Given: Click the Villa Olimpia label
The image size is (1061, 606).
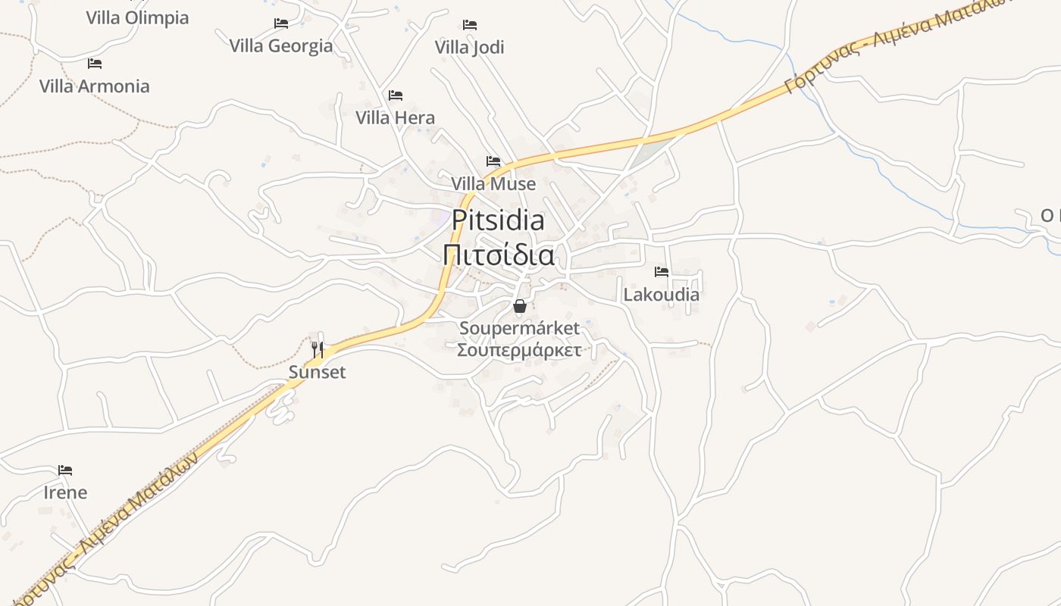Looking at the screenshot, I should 137,17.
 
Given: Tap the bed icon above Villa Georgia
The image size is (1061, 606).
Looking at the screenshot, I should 281,23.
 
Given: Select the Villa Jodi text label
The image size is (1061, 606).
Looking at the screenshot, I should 469,47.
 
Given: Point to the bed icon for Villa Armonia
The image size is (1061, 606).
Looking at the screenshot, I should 95,63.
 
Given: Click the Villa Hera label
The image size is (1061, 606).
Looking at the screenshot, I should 395,117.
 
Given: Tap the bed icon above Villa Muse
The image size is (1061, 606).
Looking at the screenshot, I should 493,161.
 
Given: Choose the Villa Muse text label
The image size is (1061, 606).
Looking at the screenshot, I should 493,184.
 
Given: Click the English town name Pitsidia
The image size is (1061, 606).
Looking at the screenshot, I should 498,220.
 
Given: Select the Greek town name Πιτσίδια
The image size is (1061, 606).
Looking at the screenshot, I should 498,255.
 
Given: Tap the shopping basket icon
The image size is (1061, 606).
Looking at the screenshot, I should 519,306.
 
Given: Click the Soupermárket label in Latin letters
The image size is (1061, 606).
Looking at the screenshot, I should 519,328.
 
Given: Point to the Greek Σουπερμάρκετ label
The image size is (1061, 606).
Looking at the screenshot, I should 519,350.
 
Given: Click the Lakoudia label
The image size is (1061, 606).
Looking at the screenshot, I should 661,295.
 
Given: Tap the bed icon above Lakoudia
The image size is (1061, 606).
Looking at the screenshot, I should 662,272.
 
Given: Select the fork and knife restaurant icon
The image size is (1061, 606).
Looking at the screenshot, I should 318,349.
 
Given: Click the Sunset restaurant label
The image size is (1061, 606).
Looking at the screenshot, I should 317,372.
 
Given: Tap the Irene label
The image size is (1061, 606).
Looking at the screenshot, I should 65,492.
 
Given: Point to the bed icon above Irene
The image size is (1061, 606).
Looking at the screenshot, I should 65,470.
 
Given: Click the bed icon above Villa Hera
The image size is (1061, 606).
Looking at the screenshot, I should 395,95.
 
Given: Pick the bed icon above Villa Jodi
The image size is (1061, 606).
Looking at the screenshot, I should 470,25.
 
